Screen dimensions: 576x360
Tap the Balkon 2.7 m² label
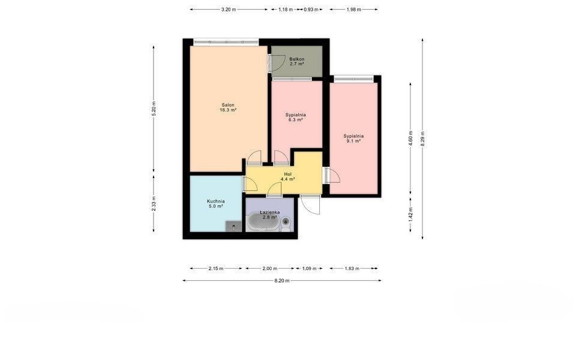click(x=296, y=61)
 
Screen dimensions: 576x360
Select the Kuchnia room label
click(x=215, y=203)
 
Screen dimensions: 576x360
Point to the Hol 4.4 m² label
click(x=288, y=176)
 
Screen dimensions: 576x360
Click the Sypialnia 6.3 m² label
click(x=296, y=117)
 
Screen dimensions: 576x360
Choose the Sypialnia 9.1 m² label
click(x=353, y=138)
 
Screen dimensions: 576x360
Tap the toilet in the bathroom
click(x=286, y=224)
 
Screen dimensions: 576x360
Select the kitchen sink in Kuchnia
click(x=233, y=226)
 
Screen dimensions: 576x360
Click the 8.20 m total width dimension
click(x=282, y=281)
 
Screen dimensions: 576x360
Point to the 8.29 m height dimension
click(x=422, y=139)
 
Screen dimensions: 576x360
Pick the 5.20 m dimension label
click(x=154, y=109)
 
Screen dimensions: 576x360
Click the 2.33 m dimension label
click(x=154, y=203)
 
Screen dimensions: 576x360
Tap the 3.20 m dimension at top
click(x=229, y=10)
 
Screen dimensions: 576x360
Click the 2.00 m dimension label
click(x=269, y=269)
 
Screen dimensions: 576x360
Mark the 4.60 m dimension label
click(x=410, y=139)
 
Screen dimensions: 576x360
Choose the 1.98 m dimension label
click(x=354, y=10)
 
